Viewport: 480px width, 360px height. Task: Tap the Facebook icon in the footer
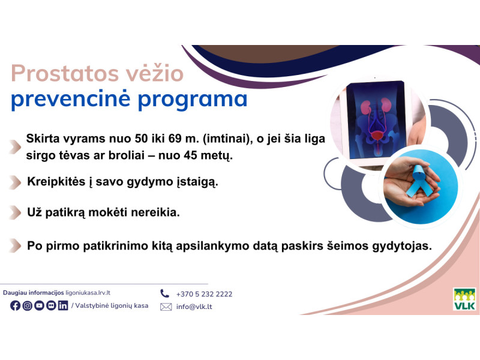pos(16,306)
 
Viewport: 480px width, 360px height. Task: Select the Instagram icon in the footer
pos(28,306)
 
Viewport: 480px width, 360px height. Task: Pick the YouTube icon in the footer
pos(40,306)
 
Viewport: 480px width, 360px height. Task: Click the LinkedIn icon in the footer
pos(63,306)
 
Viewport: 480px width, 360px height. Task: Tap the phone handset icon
pos(165,293)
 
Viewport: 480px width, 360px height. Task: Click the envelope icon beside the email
pos(166,307)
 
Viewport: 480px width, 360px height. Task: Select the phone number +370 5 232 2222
pos(204,294)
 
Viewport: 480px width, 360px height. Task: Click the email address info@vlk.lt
pos(194,307)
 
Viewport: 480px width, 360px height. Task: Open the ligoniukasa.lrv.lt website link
pos(88,293)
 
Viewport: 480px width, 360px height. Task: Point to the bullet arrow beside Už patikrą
pos(14,212)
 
